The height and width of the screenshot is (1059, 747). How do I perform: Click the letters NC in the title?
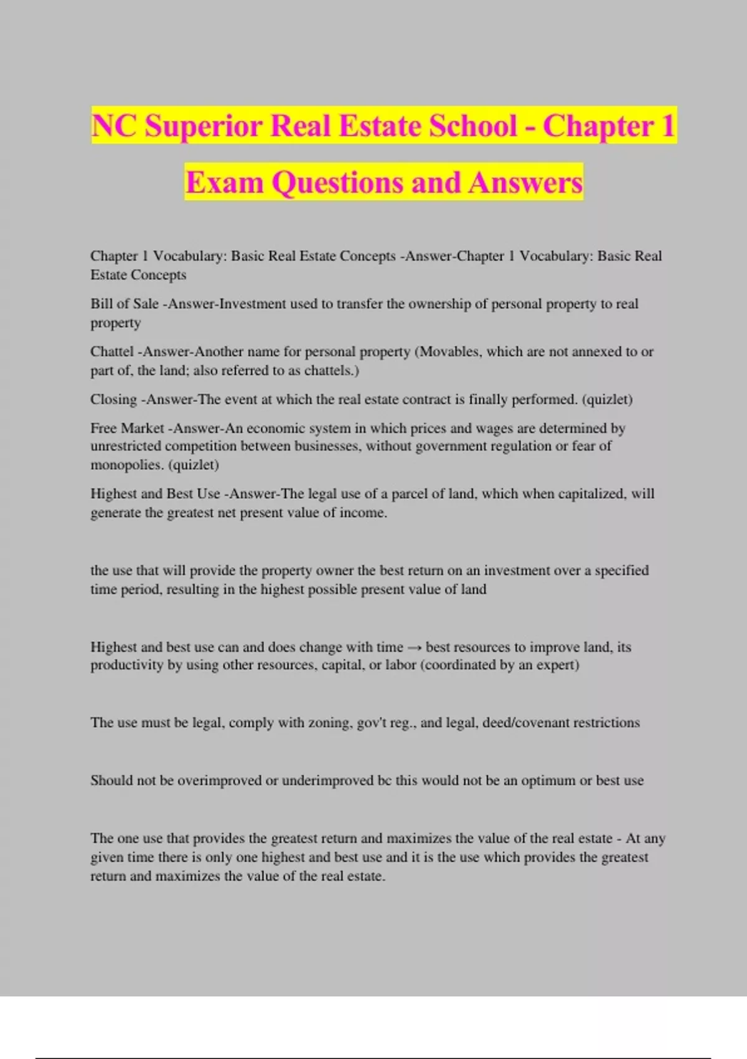pos(114,126)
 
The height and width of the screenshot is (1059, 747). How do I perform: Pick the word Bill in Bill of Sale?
pos(101,304)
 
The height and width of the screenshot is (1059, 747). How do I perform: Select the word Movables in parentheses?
pos(449,351)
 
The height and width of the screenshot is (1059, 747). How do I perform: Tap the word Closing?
pos(113,399)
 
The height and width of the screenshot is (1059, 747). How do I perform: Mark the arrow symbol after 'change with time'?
pos(414,647)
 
